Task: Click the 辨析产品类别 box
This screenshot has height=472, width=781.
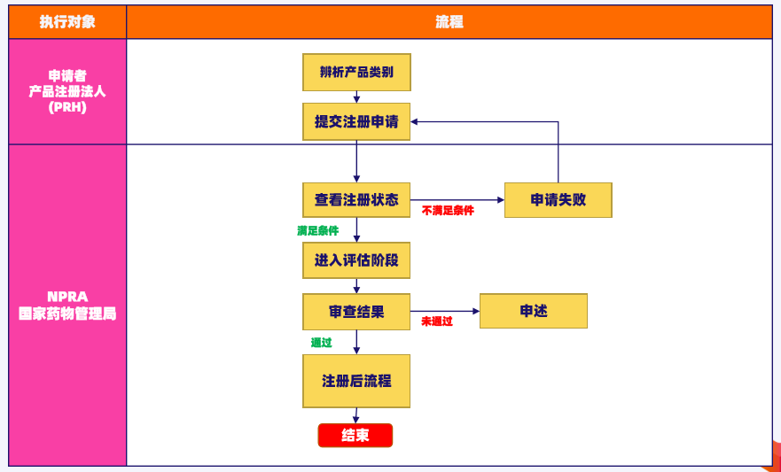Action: (356, 72)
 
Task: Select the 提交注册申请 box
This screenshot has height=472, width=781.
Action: (356, 122)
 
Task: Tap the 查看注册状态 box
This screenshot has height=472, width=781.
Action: (356, 200)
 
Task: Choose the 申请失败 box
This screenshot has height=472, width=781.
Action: (558, 200)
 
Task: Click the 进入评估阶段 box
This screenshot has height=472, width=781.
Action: (356, 260)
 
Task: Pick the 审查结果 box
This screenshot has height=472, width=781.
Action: (356, 312)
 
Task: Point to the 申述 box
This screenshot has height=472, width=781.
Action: (534, 311)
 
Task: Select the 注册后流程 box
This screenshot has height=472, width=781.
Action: (356, 381)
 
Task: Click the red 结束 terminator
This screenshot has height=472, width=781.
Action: (355, 436)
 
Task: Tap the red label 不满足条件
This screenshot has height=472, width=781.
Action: (448, 211)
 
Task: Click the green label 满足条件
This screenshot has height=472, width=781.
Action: (317, 231)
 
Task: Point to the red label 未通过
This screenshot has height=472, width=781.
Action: (437, 321)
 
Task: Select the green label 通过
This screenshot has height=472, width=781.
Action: (321, 343)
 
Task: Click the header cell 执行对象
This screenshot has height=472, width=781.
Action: (67, 22)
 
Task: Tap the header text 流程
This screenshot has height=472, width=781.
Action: (449, 22)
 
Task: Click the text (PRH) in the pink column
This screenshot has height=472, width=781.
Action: (67, 107)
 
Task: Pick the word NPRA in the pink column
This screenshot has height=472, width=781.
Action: (67, 297)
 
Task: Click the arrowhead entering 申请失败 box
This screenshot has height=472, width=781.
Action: (501, 200)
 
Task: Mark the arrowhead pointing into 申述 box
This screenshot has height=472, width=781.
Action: (476, 312)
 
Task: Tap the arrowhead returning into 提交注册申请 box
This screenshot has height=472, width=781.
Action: (414, 122)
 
